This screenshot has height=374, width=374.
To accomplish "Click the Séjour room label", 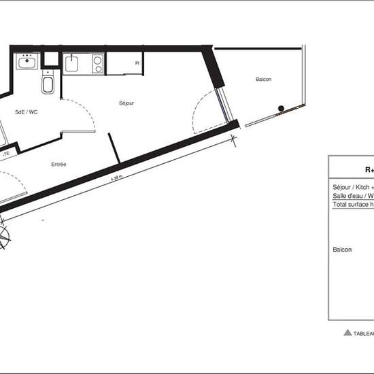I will [x=126, y=103].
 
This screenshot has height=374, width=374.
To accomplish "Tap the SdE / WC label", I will [x=27, y=112].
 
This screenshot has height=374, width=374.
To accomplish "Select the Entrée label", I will [x=58, y=164].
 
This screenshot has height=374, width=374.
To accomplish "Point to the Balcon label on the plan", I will [x=264, y=80].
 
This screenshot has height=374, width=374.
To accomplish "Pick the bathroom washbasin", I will [x=27, y=64].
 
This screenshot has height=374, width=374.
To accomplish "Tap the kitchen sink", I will [x=73, y=65].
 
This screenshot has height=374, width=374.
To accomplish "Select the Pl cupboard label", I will [x=137, y=63].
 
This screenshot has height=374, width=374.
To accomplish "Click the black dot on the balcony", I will [x=280, y=108].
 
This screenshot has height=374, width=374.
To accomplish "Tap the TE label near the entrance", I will [x=7, y=154].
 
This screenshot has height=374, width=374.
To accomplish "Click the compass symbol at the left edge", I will [x=3, y=237].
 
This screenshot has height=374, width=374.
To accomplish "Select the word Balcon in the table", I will [x=342, y=250].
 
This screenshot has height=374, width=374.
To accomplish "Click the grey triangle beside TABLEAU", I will [x=347, y=333].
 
